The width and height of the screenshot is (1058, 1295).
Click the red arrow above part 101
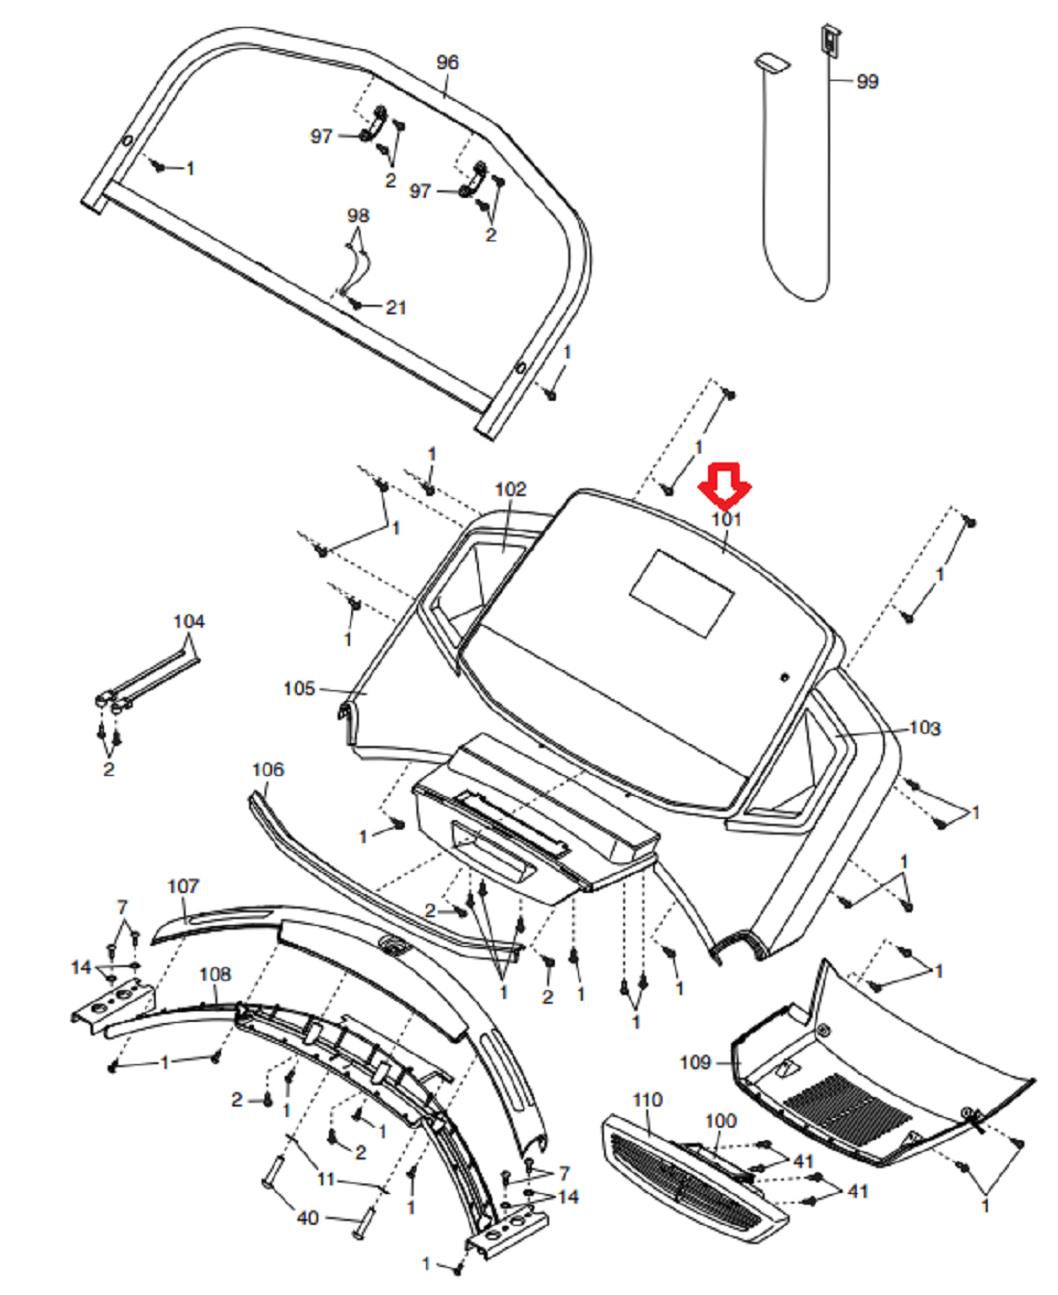click(725, 486)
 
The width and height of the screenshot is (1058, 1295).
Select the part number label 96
click(447, 62)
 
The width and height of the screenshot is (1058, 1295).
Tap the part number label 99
click(867, 82)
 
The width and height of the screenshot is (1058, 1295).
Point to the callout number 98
click(358, 215)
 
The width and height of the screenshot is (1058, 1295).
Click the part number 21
click(396, 308)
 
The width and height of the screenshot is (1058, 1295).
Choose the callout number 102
click(511, 489)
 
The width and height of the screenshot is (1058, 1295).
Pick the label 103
click(924, 728)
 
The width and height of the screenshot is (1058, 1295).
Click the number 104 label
click(189, 621)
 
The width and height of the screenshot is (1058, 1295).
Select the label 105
click(299, 688)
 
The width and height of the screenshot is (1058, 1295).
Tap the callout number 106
click(267, 769)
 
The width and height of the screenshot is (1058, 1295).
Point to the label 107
click(183, 885)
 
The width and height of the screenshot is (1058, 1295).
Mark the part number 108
click(214, 974)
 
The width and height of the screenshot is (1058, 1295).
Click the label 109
click(695, 1061)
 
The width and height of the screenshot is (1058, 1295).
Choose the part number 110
click(647, 1100)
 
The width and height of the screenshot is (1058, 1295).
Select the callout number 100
click(720, 1121)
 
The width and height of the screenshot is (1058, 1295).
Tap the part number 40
click(308, 1218)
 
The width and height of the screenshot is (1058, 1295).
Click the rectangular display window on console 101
click(683, 593)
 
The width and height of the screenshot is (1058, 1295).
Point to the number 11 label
click(326, 1179)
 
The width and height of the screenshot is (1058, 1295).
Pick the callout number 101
click(726, 519)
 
